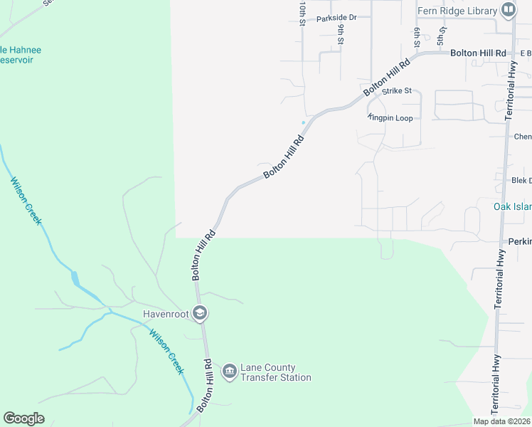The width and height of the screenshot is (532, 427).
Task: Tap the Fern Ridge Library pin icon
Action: [509, 10]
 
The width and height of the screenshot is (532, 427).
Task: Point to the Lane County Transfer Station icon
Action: [229, 371]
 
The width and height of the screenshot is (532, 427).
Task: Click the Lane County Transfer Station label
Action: [275, 372]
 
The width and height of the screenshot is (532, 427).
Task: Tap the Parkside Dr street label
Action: [336, 18]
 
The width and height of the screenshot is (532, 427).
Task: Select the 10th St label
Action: [303, 13]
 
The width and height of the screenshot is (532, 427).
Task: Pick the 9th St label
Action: [341, 33]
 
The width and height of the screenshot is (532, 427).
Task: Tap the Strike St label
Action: [397, 91]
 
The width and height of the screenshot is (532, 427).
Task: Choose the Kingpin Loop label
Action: [390, 118]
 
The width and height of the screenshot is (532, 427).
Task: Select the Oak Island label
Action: [512, 207]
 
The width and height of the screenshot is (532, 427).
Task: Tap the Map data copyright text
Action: [501, 421]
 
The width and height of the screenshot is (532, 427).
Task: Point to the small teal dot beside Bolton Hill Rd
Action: [303, 122]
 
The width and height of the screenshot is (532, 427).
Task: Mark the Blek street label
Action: [521, 181]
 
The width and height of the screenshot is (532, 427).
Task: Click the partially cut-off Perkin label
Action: [519, 242]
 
